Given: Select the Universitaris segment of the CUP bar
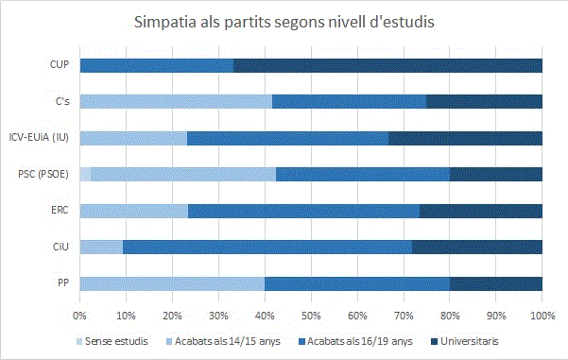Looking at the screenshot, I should (387, 65).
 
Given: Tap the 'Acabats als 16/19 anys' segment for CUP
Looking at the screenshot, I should (156, 65).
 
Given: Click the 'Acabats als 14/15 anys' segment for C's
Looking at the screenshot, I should (176, 101).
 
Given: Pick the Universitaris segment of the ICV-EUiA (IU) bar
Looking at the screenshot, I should (465, 138).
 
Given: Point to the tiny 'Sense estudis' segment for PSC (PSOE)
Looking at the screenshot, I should (85, 174).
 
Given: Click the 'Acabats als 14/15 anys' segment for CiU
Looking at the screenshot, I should (101, 247).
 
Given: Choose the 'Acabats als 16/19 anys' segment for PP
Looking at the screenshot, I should (357, 283).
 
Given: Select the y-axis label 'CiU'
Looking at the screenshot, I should (61, 247).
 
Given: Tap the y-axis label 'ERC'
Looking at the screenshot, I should (60, 210).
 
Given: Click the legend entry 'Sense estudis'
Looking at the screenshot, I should (117, 339).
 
